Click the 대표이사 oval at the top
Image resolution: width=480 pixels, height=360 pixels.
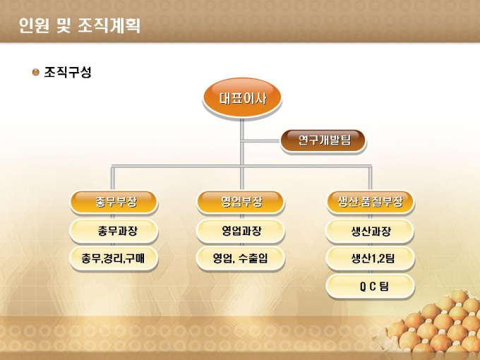click(242, 98)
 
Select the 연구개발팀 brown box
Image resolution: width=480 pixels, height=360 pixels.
click(323, 140)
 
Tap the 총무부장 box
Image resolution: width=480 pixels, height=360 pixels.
click(114, 202)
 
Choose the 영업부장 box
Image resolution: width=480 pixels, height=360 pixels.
click(241, 202)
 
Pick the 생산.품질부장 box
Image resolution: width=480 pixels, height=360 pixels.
click(371, 202)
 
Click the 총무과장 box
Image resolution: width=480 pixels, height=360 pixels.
click(114, 231)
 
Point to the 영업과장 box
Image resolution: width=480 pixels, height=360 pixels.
click(241, 231)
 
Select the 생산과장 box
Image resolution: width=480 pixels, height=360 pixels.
click(370, 231)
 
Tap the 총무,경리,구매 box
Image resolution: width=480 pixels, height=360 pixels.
click(114, 258)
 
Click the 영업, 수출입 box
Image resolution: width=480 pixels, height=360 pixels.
click(241, 258)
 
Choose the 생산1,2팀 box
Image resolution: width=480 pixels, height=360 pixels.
click(371, 258)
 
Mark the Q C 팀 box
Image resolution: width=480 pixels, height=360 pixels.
click(371, 287)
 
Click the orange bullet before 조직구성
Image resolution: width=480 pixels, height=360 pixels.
click(36, 72)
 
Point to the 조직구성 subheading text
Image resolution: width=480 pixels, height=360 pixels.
click(68, 72)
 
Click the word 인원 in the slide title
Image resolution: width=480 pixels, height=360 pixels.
click(34, 25)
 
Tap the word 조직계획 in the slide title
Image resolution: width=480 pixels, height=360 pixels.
click(109, 25)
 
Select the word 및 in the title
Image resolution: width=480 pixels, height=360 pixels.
click(64, 25)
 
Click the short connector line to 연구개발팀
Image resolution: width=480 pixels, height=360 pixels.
click(261, 141)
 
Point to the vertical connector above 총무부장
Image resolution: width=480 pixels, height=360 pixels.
click(113, 179)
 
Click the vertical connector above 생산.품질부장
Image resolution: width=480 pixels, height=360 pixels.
click(370, 179)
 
